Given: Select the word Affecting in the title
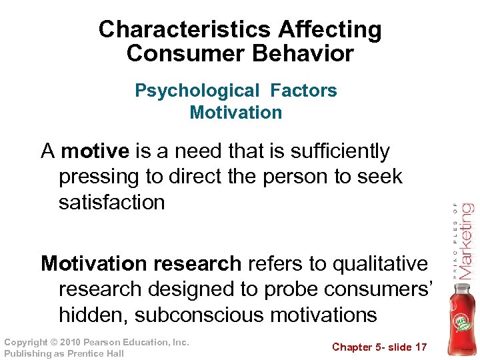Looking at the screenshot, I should point(330,30).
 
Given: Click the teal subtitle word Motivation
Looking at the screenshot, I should point(236,112).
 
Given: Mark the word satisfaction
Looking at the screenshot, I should point(111,202).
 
